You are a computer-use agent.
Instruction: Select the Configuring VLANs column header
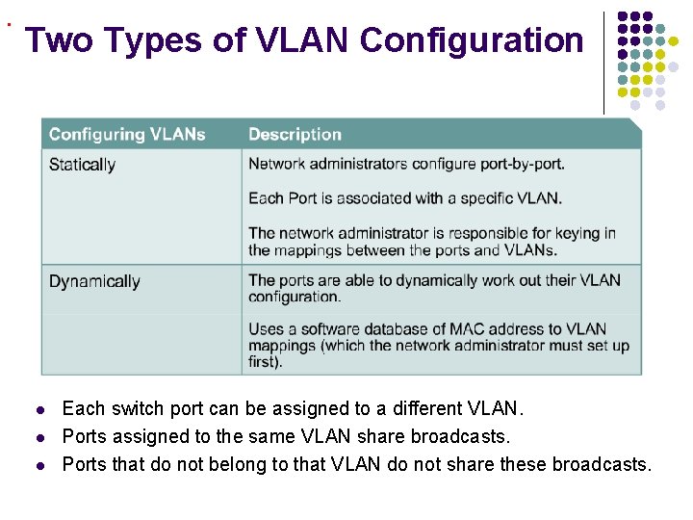pyautogui.click(x=127, y=134)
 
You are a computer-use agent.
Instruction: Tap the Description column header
pyautogui.click(x=295, y=134)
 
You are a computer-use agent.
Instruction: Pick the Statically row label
pyautogui.click(x=82, y=165)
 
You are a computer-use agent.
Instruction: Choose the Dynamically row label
pyautogui.click(x=94, y=281)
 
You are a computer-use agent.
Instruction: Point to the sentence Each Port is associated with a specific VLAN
pyautogui.click(x=404, y=198)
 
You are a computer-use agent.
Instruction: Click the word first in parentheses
pyautogui.click(x=264, y=362)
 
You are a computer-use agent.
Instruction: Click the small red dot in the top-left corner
pyautogui.click(x=8, y=23)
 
